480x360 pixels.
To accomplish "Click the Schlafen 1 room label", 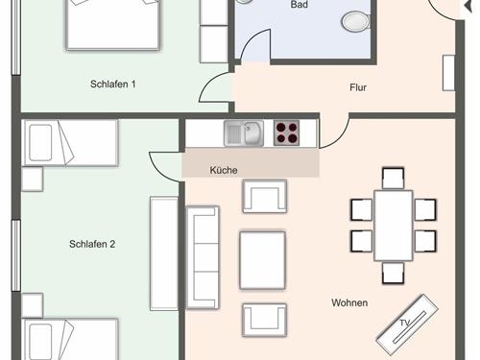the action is click(x=113, y=84).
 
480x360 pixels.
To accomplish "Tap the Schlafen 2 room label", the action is click(x=92, y=244).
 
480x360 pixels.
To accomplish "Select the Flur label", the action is click(x=358, y=87).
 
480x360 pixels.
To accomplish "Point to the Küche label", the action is click(x=224, y=170).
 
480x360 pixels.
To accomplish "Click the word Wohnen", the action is click(x=349, y=302).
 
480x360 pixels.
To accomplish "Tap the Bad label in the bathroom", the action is click(x=300, y=5).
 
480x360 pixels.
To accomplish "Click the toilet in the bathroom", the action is click(x=356, y=21).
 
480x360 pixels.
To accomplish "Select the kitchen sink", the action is click(x=244, y=133).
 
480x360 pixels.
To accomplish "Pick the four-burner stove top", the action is click(x=287, y=132).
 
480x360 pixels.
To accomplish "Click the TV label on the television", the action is click(x=404, y=324).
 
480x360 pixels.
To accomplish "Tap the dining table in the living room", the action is click(x=394, y=226).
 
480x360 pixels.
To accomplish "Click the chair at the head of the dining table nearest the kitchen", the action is click(x=393, y=178).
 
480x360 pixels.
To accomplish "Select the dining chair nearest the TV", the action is click(x=393, y=273).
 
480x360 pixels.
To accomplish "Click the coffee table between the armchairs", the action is click(x=262, y=260).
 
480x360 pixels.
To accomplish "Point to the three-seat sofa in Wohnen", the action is click(x=203, y=257).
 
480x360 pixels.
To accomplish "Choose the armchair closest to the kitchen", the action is click(x=265, y=196).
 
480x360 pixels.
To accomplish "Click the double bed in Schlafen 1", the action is click(x=112, y=24).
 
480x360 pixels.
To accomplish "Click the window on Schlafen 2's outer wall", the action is click(x=16, y=255).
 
